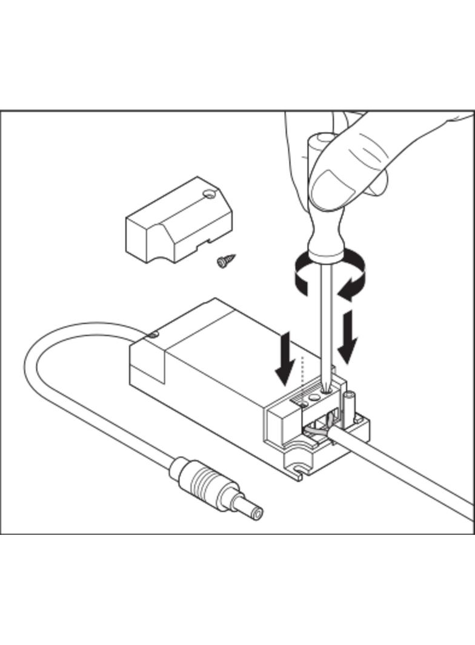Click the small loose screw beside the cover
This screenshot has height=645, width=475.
[x=224, y=262]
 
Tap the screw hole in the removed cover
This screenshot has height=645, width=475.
[x=210, y=195]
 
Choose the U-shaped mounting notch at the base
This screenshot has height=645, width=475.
[x=298, y=468]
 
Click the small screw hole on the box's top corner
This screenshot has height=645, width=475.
[x=154, y=333]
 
